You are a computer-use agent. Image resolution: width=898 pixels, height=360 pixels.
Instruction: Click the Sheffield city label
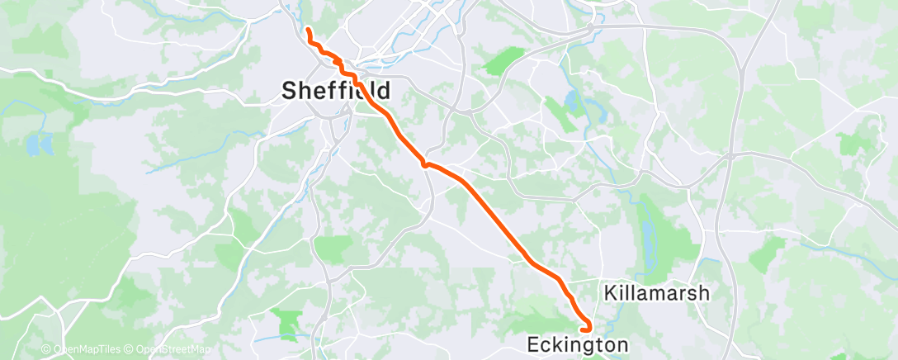[335, 90]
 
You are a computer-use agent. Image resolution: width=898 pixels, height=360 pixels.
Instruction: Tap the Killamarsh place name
[657, 293]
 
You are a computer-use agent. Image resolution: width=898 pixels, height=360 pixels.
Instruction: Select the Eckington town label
[577, 344]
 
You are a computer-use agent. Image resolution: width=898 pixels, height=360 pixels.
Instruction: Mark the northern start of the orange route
[308, 30]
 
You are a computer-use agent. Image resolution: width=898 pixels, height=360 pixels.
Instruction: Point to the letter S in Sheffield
[290, 90]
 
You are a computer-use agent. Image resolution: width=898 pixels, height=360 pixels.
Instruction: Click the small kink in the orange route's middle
[426, 163]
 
